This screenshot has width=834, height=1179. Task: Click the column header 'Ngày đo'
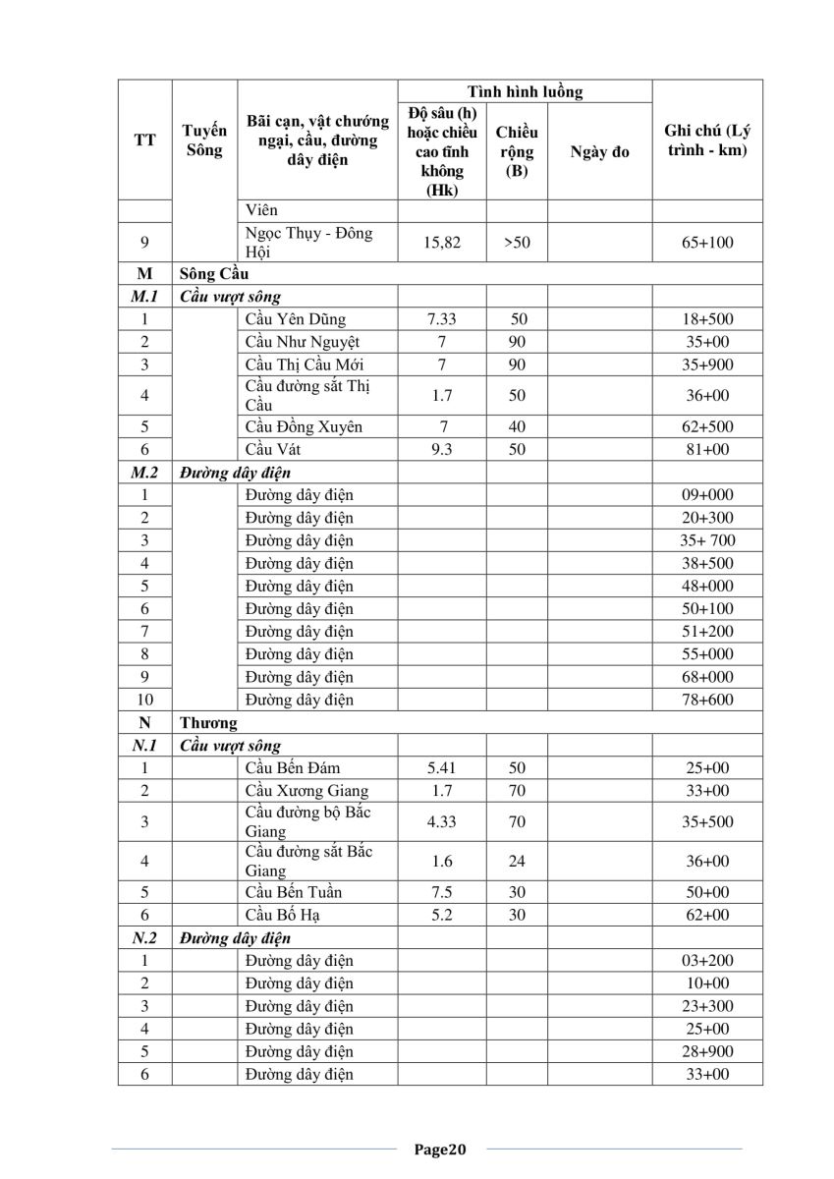(599, 152)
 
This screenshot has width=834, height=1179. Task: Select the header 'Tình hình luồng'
(525, 92)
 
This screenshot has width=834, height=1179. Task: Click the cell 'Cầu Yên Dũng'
(296, 319)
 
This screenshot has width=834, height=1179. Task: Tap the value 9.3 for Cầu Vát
(442, 449)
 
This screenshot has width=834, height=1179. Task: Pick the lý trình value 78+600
(707, 700)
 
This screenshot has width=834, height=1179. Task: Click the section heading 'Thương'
(208, 723)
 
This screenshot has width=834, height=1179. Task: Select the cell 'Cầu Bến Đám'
(293, 767)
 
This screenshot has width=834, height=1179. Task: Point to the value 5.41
(442, 767)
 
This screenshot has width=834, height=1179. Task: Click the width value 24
(517, 861)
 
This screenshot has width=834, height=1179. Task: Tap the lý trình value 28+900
(707, 1051)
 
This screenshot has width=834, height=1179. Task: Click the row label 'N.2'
(144, 938)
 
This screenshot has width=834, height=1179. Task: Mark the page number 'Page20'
(439, 1149)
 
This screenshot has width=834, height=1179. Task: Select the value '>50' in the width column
(517, 243)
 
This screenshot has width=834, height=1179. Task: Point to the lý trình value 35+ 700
(707, 540)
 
